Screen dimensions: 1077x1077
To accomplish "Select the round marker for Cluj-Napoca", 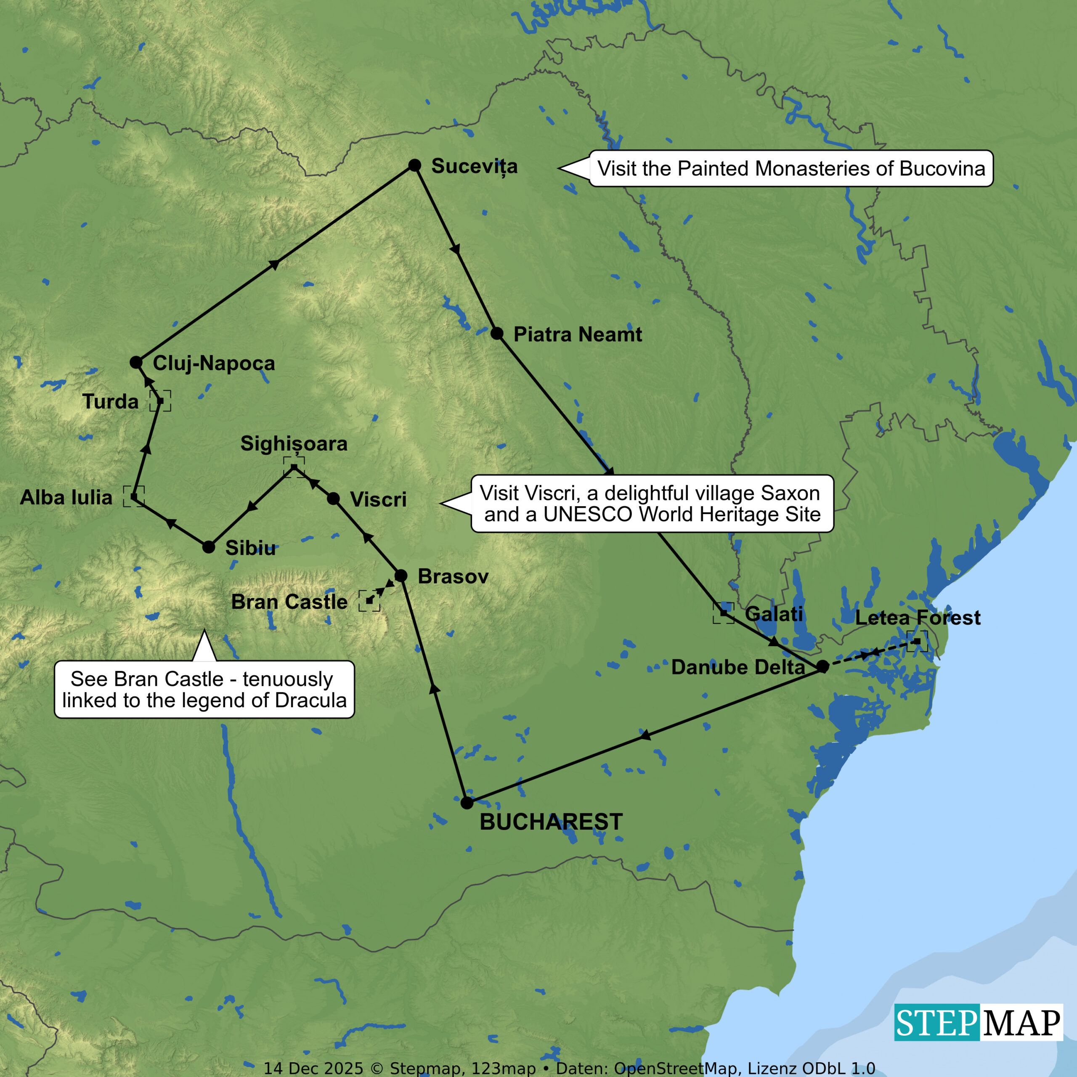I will pos(136,362).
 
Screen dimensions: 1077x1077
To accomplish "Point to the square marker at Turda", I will pos(161,401).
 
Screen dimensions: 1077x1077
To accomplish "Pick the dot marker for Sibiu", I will pos(209,547).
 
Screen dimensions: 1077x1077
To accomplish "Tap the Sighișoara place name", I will pos(294,444).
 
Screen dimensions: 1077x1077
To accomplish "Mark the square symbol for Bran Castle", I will pos(369,601).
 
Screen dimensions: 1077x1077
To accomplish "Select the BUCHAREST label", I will pos(551,822).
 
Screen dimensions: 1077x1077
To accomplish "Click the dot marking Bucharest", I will pos(467,803).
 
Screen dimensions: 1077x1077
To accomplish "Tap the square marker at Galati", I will pos(724,613).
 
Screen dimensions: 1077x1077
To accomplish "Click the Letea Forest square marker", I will pos(917,641).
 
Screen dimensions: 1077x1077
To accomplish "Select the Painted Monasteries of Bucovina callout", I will pos(791,168).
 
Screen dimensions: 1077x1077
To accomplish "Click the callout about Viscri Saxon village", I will pos(652,504).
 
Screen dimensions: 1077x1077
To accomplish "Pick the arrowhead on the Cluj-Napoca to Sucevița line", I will pos(274,264).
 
